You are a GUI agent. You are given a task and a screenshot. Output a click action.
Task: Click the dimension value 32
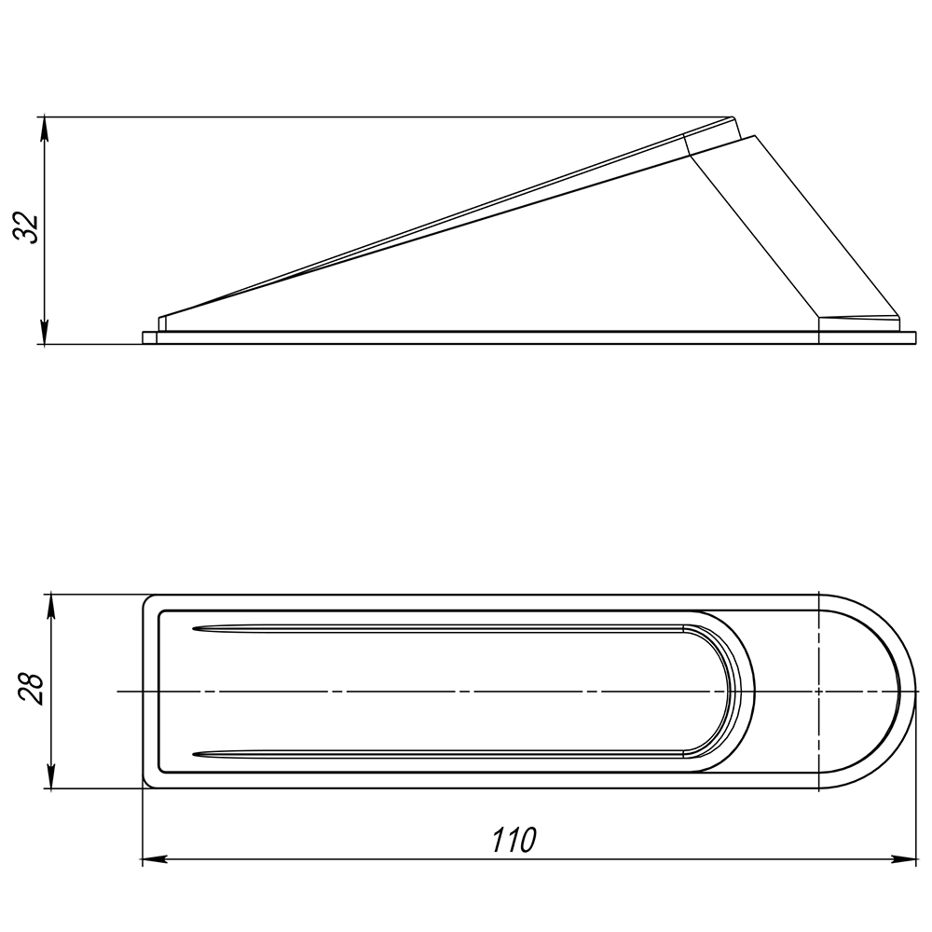26,226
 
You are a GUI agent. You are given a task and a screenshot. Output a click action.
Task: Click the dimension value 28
30,689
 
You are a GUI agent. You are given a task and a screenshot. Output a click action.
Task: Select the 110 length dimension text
514,840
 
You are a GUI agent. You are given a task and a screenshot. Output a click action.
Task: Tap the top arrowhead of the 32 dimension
44,129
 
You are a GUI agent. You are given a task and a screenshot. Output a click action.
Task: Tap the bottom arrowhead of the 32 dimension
44,333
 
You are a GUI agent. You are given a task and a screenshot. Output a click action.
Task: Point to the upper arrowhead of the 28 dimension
51,607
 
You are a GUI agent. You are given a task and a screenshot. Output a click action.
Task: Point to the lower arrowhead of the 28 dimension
51,776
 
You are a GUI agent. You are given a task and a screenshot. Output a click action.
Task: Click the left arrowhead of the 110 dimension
155,859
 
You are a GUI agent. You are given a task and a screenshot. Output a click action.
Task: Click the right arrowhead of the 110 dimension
903,859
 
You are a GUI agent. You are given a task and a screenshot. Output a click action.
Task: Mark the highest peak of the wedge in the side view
733,117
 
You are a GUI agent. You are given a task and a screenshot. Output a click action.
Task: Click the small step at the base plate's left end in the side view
150,337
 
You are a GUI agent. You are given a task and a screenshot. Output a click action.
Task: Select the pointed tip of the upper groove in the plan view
194,627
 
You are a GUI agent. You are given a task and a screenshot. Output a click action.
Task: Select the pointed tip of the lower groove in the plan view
194,755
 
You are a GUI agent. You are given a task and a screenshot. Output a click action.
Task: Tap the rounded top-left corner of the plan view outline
145,597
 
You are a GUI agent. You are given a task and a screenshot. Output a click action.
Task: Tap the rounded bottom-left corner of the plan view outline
145,785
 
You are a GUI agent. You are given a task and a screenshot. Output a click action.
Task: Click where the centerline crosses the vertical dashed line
819,692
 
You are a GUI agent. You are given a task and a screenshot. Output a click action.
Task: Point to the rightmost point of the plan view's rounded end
915,692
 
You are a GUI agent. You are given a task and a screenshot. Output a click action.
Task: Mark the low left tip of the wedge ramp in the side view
159,318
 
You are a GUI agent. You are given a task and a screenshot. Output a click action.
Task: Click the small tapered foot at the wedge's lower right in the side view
859,323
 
